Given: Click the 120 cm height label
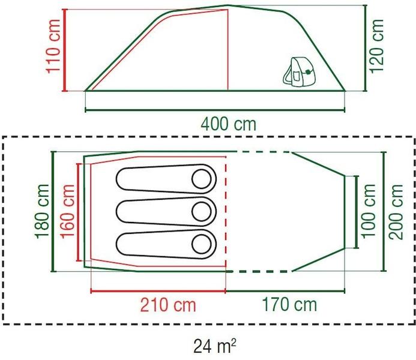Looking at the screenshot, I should (x=376, y=46).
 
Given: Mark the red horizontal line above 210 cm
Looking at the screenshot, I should (x=157, y=292).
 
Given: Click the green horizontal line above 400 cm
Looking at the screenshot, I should (x=216, y=110).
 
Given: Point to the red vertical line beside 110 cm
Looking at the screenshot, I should (x=65, y=50).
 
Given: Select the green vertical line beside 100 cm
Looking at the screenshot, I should (x=358, y=211).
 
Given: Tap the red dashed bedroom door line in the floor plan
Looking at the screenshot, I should (x=226, y=211).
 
